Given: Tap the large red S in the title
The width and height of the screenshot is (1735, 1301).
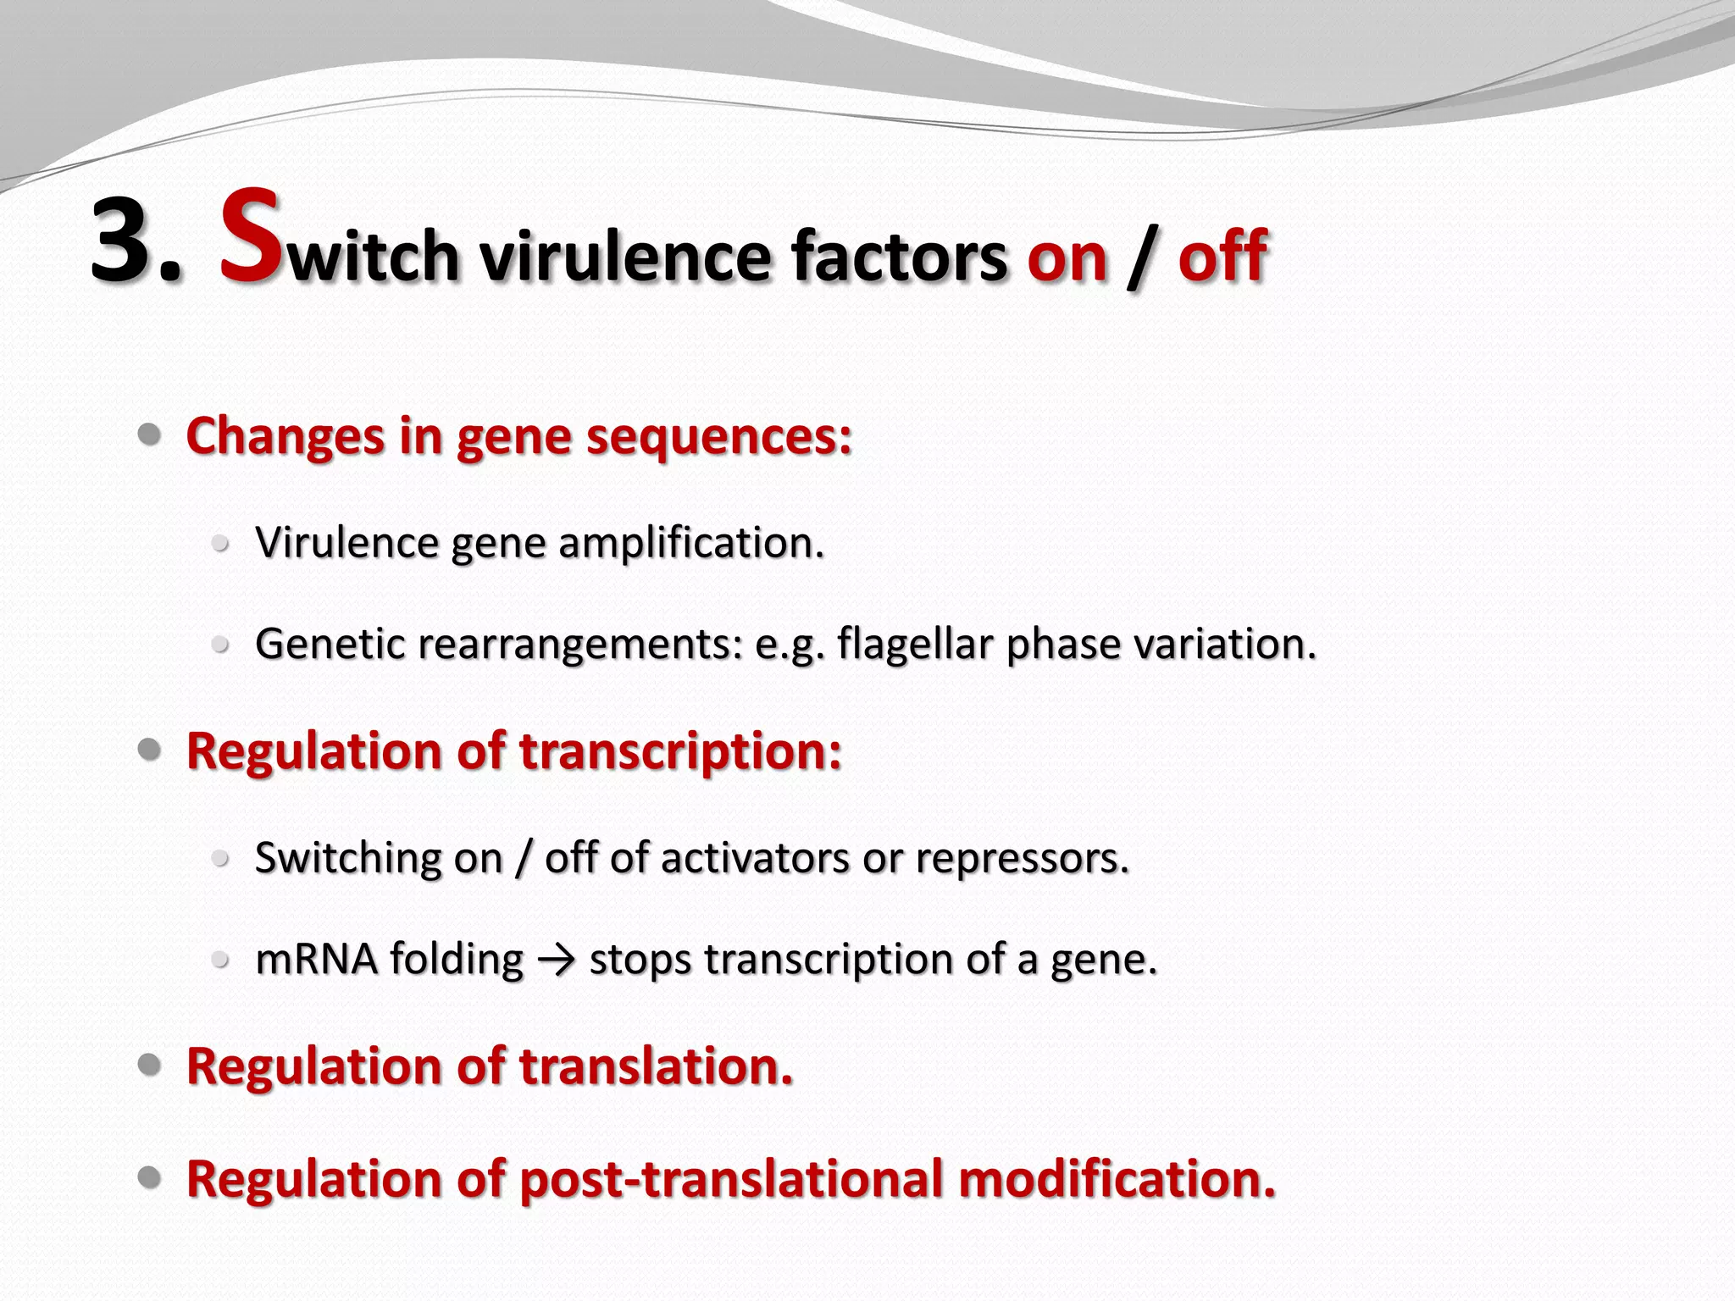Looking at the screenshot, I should pos(251,239).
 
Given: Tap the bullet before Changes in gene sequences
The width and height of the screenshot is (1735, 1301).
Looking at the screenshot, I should pos(150,435).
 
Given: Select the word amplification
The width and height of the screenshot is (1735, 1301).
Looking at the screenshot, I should pos(691,543).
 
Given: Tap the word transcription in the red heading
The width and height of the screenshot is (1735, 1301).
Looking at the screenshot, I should pos(680,751).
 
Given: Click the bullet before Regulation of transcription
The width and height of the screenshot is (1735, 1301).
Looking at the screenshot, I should pos(150,750).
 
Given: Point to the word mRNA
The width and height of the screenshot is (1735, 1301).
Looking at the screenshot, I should pos(316,960).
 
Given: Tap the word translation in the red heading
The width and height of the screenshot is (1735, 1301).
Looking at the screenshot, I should pos(656,1066).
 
